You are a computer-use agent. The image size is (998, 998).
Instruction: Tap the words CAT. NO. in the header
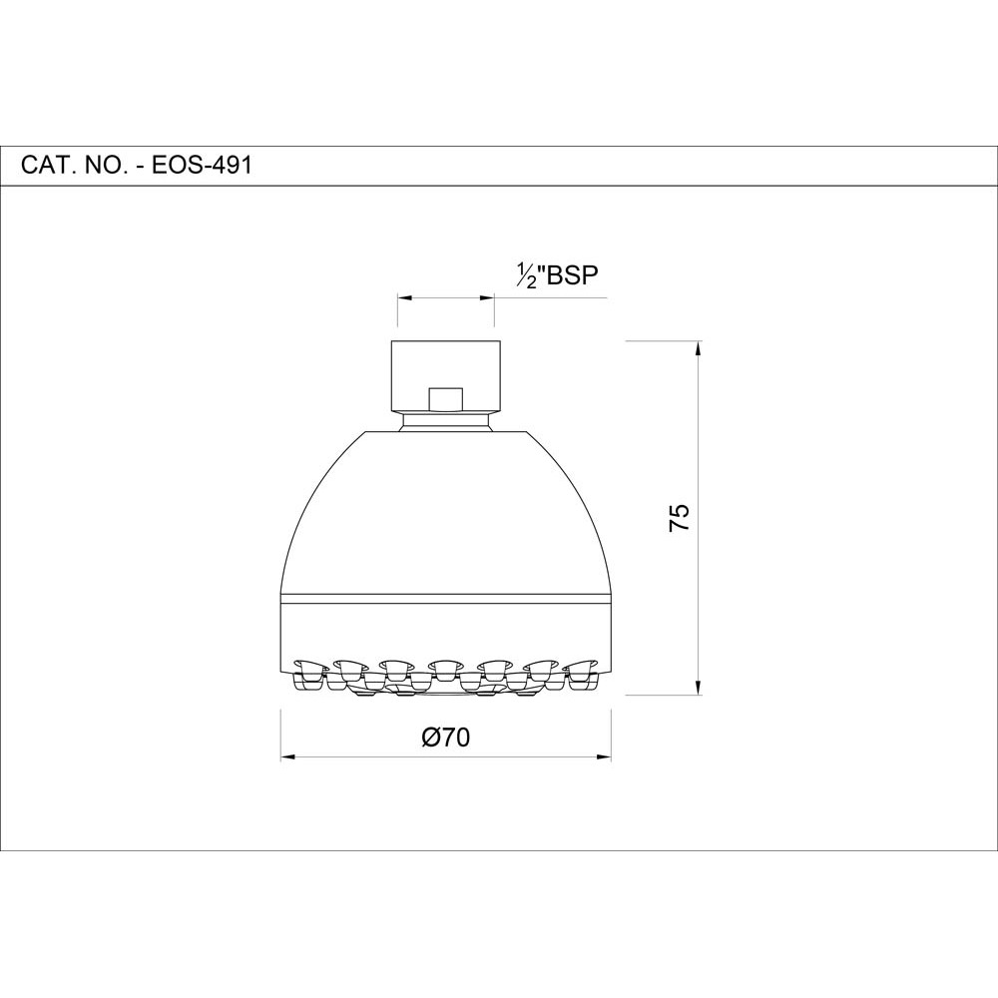(74, 165)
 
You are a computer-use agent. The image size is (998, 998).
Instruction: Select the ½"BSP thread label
(556, 275)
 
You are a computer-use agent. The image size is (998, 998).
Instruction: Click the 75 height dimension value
(679, 518)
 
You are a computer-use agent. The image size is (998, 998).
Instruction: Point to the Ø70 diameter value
(445, 738)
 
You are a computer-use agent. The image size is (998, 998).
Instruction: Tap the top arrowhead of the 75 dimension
(698, 348)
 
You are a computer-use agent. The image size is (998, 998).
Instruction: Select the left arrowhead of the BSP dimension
(403, 296)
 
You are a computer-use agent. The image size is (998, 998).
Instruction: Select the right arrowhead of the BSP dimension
(489, 296)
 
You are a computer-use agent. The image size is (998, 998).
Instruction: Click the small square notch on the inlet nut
(445, 398)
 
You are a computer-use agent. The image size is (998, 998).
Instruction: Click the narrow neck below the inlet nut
(445, 425)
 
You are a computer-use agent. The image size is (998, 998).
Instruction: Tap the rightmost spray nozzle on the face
(581, 667)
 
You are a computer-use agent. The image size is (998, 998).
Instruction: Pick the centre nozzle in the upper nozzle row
(445, 664)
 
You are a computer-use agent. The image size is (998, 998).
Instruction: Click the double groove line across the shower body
(445, 599)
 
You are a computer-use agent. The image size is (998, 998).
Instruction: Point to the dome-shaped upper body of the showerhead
(445, 509)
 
